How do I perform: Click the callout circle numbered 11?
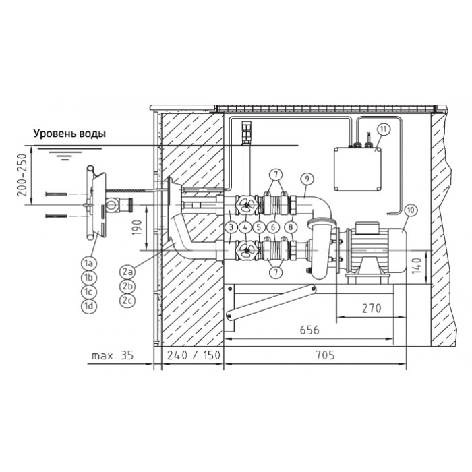click(x=383, y=129)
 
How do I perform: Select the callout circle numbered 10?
click(x=411, y=210)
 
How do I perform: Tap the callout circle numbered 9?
click(x=307, y=179)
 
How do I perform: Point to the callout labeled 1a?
click(x=88, y=263)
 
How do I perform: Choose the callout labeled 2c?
click(x=127, y=300)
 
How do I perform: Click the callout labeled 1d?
click(x=88, y=306)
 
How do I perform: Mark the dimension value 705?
click(x=325, y=355)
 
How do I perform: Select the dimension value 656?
click(x=309, y=330)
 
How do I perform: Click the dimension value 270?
click(x=372, y=308)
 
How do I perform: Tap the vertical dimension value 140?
click(x=417, y=266)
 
